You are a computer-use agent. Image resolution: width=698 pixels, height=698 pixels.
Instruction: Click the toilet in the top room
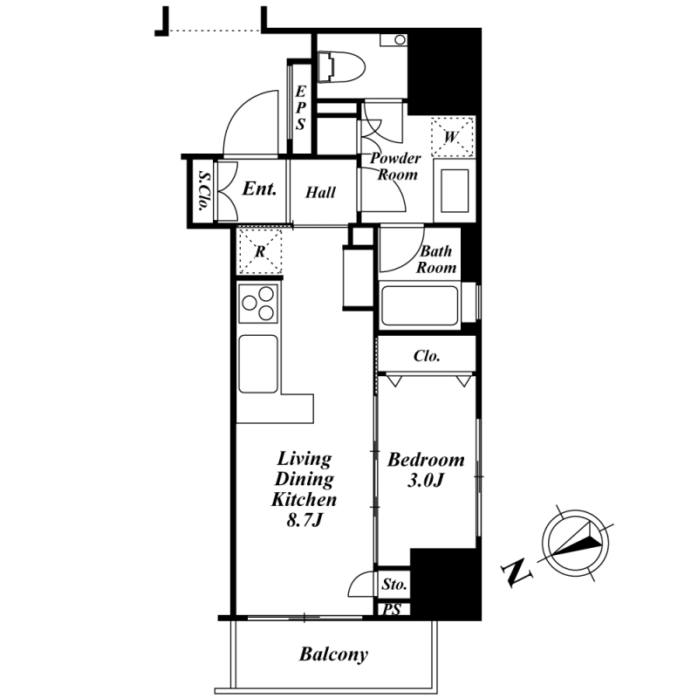(x=341, y=67)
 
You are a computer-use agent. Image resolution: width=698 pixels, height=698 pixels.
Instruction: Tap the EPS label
(x=300, y=107)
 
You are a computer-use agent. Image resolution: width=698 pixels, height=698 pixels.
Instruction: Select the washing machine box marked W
(x=452, y=136)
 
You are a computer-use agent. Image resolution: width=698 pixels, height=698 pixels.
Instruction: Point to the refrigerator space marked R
(x=260, y=251)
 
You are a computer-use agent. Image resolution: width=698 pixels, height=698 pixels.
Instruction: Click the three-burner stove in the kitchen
(x=258, y=304)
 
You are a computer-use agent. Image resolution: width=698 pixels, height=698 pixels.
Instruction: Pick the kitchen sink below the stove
(x=258, y=364)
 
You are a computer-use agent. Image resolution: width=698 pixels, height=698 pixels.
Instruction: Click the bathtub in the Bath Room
(x=420, y=306)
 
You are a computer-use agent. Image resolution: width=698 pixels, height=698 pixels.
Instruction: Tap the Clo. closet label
(x=427, y=356)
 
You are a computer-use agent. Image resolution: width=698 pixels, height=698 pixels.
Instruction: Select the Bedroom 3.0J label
(x=426, y=469)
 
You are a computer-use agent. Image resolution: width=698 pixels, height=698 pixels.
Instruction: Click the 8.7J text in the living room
(x=304, y=519)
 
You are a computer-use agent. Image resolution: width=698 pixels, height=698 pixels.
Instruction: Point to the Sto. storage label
(x=394, y=584)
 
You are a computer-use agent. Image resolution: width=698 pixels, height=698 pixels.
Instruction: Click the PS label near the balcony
(x=392, y=609)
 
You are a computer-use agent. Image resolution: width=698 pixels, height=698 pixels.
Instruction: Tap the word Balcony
(x=333, y=654)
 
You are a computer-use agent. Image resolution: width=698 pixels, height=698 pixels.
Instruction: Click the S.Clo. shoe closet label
(x=204, y=190)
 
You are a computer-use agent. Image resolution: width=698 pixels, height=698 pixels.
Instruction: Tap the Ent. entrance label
(x=259, y=188)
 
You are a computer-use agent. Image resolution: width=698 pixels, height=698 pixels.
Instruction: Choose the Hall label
(x=320, y=192)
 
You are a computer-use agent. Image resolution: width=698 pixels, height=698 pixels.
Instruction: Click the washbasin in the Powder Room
(x=455, y=190)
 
